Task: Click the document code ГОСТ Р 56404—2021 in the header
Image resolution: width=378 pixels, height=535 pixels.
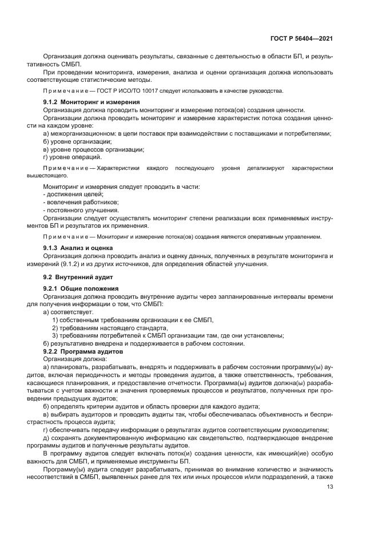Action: tap(301, 38)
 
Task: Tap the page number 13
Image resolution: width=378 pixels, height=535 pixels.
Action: tap(330, 487)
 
